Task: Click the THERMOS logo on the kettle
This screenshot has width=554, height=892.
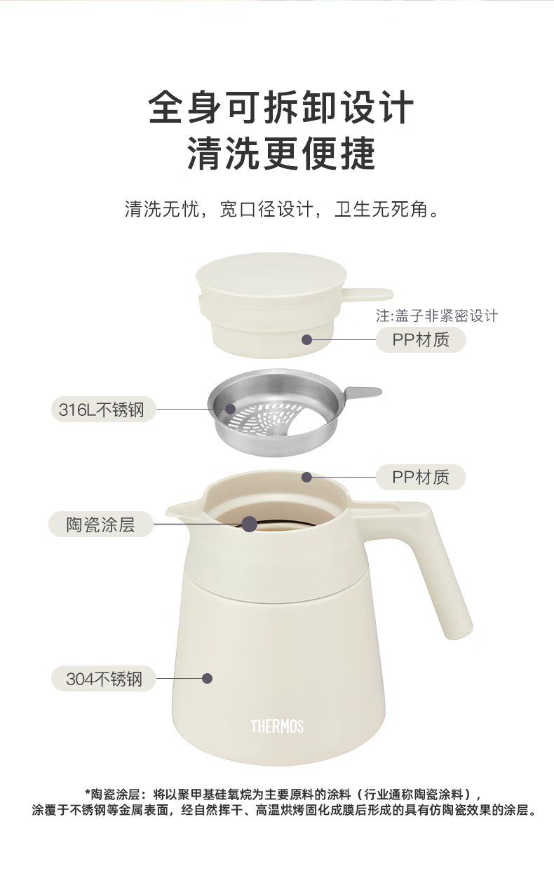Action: [277, 727]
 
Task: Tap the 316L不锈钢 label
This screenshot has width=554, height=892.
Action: [103, 409]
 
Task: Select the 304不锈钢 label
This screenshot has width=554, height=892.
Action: [103, 679]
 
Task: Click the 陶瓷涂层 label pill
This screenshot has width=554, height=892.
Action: [101, 525]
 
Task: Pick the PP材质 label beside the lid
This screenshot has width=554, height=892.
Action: [421, 339]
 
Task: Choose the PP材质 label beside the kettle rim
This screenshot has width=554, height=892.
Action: [421, 477]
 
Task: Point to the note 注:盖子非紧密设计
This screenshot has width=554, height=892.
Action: [437, 316]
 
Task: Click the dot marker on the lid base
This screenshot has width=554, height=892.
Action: [306, 339]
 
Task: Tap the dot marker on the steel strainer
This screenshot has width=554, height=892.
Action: [230, 409]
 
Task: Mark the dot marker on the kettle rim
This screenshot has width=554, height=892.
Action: [306, 477]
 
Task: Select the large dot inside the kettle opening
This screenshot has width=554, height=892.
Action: [250, 524]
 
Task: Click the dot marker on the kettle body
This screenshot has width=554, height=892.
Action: [207, 679]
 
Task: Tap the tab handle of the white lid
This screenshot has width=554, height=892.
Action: [368, 295]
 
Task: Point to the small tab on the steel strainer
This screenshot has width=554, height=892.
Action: [363, 392]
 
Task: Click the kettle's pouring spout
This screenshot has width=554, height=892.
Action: [180, 510]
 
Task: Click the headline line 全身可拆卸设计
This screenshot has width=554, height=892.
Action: [281, 107]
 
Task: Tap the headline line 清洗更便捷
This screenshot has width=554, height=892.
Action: [281, 152]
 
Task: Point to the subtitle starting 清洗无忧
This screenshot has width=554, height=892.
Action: [281, 209]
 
